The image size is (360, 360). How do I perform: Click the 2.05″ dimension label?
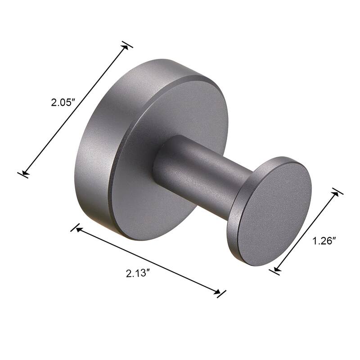[62, 102]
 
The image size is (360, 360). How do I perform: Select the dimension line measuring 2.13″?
[148, 261]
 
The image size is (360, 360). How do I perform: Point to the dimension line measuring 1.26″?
[306, 231]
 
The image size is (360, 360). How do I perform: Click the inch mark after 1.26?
[336, 240]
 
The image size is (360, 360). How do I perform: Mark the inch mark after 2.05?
[72, 101]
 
